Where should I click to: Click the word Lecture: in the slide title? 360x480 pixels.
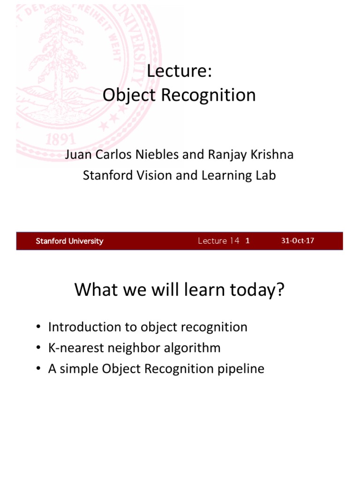tap(180, 72)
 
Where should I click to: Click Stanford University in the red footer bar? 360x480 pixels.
tap(69, 241)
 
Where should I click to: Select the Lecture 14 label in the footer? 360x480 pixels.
tap(218, 241)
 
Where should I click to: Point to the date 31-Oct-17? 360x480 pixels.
tap(298, 241)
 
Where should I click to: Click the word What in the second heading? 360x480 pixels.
tap(94, 291)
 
